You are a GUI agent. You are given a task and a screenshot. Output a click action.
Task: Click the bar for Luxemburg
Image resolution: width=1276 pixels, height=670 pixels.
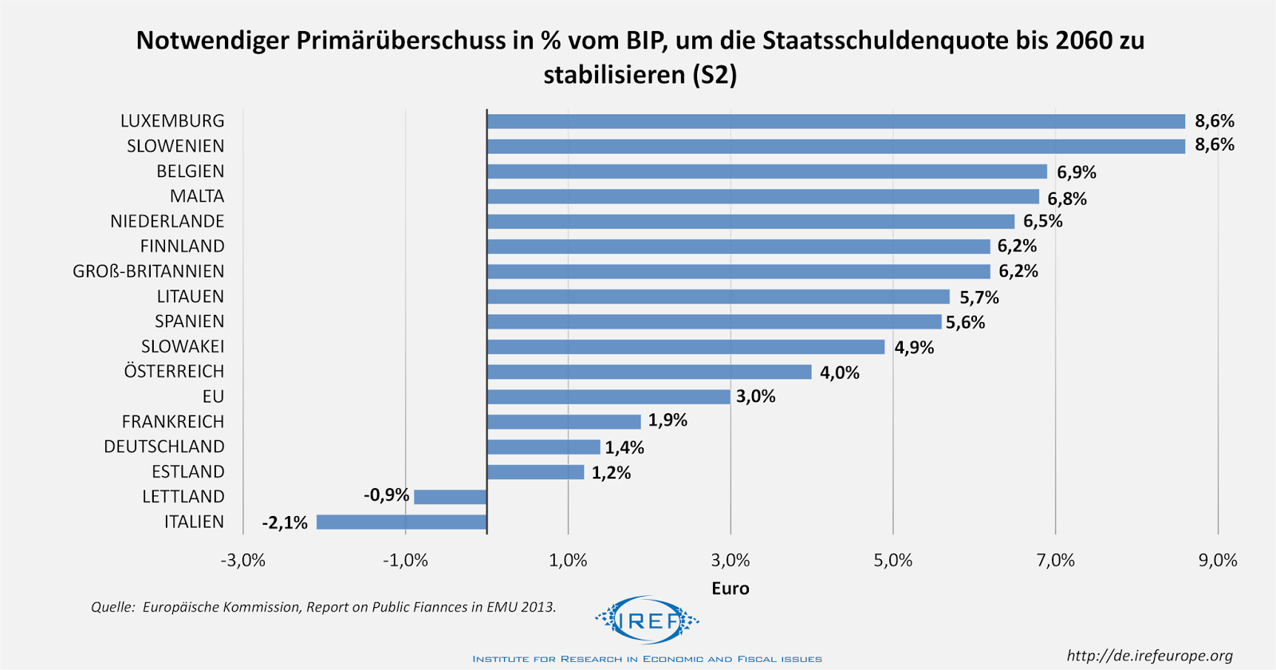tap(836, 121)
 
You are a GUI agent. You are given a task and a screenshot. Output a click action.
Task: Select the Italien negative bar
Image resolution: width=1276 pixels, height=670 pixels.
tap(401, 522)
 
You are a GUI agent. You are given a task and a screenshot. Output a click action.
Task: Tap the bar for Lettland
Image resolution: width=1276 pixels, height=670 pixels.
tap(450, 497)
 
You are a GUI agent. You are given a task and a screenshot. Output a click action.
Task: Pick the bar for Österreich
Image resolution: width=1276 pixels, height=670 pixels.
tap(649, 372)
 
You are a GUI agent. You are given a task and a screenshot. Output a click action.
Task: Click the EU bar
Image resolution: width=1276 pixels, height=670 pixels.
tap(608, 397)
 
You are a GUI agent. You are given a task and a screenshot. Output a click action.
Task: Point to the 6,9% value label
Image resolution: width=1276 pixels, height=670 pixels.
tap(1077, 172)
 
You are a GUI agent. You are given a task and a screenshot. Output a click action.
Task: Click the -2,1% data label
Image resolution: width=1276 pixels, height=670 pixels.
tap(285, 523)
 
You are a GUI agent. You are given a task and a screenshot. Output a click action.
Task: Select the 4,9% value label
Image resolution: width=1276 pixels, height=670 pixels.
tap(914, 348)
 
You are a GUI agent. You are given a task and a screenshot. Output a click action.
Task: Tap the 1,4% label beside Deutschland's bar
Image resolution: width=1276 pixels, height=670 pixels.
tap(624, 447)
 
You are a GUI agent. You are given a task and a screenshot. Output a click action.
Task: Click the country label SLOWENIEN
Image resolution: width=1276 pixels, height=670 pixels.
tap(175, 147)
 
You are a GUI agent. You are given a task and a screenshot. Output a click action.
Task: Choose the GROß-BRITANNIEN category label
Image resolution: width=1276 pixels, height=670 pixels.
tap(148, 272)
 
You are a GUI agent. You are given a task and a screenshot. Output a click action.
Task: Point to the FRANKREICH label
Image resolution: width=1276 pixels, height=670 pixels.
tap(173, 422)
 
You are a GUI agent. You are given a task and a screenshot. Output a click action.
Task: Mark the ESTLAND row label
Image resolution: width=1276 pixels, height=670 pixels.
tap(188, 472)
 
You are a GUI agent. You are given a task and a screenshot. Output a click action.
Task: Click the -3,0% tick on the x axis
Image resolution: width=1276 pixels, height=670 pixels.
tap(243, 561)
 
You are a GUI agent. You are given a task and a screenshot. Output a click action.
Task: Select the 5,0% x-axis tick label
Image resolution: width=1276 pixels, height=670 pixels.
tap(893, 561)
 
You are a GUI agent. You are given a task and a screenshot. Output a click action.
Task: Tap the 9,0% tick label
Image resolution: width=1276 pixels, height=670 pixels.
tap(1218, 561)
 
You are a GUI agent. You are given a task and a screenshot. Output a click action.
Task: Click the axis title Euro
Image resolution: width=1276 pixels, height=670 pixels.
tap(731, 589)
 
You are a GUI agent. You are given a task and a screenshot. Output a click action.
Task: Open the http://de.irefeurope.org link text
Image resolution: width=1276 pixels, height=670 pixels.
tap(1150, 656)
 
